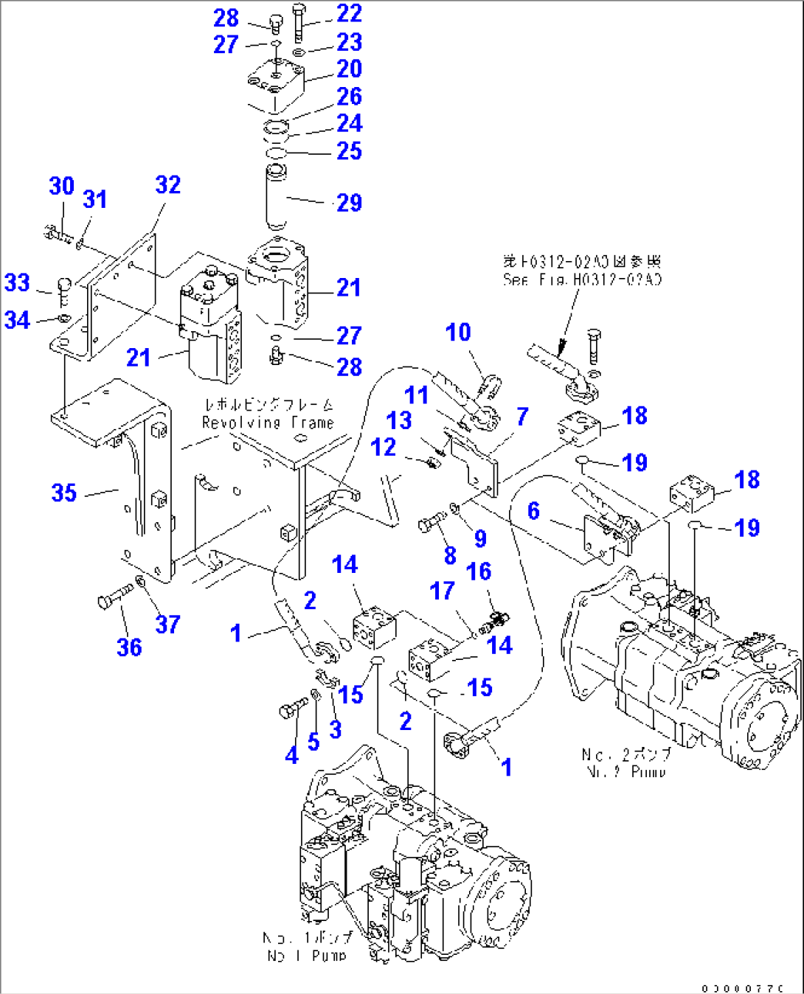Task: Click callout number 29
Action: [x=349, y=203]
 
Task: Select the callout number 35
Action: [x=64, y=493]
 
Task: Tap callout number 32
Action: [x=167, y=184]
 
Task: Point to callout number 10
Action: [x=458, y=332]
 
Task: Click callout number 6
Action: [x=533, y=510]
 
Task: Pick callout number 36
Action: [x=129, y=647]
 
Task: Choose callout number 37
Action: [x=167, y=624]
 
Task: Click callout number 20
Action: [x=349, y=69]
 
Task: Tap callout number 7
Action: [x=522, y=417]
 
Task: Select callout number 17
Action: [x=442, y=590]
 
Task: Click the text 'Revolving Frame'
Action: [x=268, y=423]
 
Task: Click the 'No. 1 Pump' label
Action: [x=307, y=955]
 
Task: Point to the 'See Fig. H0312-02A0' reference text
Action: [x=582, y=279]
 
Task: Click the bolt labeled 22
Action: [x=298, y=22]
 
